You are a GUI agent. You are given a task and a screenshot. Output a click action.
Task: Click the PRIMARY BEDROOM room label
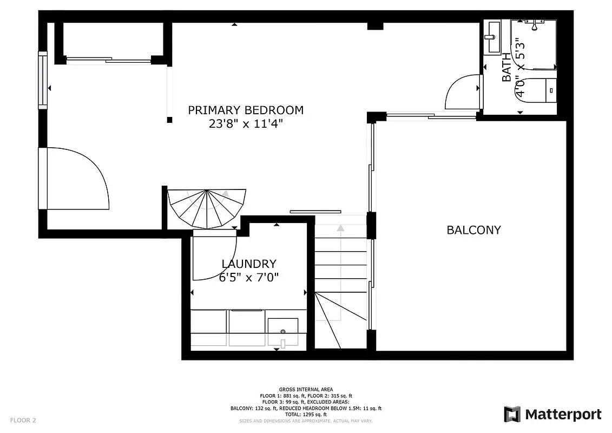click(245, 110)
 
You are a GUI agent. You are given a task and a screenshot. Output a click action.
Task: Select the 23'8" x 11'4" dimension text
click(245, 124)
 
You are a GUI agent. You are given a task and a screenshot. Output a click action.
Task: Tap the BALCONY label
click(473, 230)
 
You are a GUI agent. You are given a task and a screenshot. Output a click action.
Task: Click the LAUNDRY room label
click(249, 264)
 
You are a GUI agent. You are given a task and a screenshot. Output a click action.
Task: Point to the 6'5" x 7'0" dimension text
click(249, 278)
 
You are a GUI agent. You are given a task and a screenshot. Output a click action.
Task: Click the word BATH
click(506, 67)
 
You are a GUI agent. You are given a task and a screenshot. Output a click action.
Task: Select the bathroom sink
click(493, 37)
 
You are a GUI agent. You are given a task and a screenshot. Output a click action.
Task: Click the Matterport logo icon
click(512, 415)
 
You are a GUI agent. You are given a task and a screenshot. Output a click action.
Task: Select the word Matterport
click(563, 415)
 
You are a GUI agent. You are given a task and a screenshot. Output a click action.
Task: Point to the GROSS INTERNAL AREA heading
click(306, 389)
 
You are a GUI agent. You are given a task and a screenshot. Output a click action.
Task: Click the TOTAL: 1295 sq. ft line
click(306, 414)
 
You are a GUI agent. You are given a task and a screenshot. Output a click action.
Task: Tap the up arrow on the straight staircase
click(340, 228)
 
